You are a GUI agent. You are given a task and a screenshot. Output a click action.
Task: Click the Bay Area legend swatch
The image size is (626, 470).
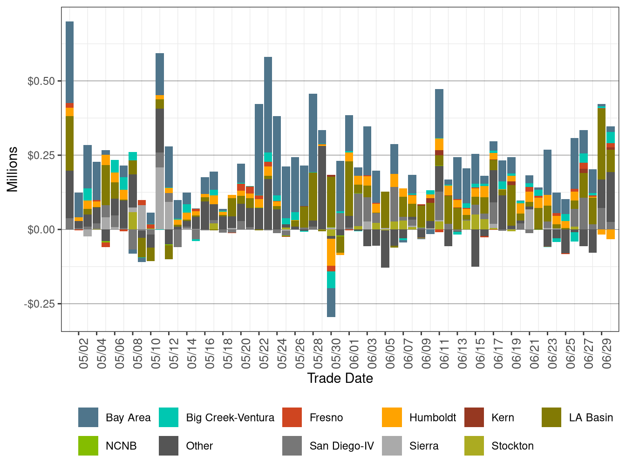[88, 417]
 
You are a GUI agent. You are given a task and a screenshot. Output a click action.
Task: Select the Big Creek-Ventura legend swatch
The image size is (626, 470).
[169, 417]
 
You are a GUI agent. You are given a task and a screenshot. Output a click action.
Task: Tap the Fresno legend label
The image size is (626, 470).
[326, 418]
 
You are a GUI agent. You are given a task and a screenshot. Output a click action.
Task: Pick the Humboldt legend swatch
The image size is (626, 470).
[392, 417]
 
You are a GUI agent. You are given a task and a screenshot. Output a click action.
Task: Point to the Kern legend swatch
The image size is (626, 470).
[474, 417]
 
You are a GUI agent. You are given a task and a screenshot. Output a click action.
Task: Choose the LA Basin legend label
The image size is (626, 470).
[591, 418]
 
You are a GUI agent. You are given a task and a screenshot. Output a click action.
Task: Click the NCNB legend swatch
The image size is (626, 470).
[88, 445]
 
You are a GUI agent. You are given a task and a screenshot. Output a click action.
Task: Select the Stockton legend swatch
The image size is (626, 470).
[474, 445]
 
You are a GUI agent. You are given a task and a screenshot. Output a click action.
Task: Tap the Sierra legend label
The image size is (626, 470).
[424, 446]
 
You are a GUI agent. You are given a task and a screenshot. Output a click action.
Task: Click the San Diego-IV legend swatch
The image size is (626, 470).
[292, 445]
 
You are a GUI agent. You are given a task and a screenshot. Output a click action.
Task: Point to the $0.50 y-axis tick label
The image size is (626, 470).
[41, 81]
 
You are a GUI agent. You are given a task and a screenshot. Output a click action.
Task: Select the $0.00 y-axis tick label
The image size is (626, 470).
[41, 229]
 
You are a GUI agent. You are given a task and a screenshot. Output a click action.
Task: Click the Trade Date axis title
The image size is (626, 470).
[340, 378]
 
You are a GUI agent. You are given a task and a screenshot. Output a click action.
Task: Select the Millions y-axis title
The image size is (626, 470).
[13, 169]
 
